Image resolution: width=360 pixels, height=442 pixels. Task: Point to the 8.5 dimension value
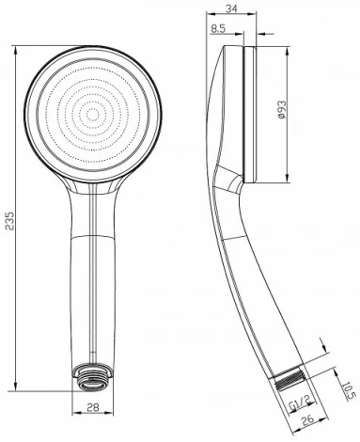click(218, 28)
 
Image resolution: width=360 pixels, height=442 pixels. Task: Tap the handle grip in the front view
click(91, 282)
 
